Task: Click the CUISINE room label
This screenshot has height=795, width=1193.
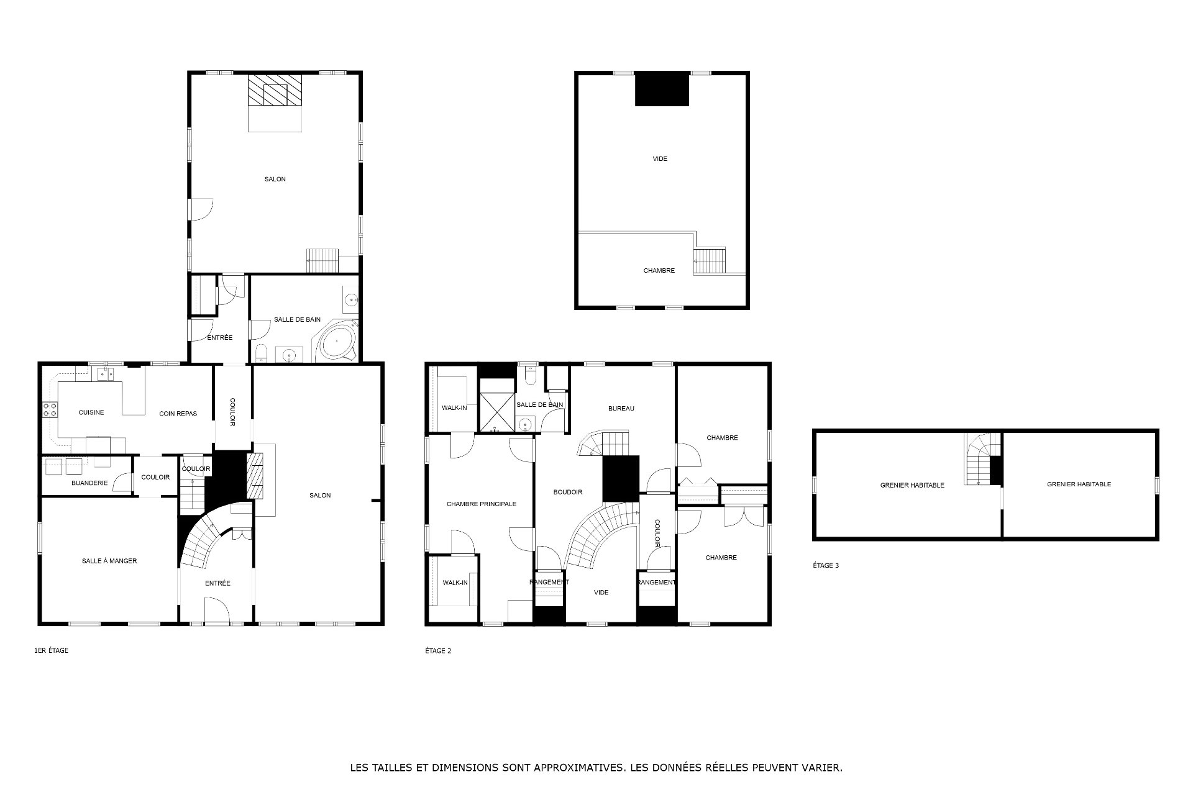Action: click(91, 412)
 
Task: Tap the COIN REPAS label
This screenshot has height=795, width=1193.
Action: click(178, 414)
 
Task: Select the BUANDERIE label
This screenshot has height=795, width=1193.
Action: click(89, 483)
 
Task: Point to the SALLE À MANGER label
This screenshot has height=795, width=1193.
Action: click(109, 561)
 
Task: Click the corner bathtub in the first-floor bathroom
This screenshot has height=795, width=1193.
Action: click(337, 340)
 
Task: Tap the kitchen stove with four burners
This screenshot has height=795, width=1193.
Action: click(50, 409)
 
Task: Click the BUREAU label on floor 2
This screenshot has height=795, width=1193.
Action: click(621, 408)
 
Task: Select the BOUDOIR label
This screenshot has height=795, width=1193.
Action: click(568, 492)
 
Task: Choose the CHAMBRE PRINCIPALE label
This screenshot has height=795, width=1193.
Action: click(482, 504)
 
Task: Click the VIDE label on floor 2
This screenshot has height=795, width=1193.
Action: click(601, 593)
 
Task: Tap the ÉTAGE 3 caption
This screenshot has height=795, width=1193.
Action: click(826, 565)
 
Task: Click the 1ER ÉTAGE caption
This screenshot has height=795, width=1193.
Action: click(51, 650)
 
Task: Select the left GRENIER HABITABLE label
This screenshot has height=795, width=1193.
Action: click(912, 485)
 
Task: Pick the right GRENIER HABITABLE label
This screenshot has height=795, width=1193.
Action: click(1079, 484)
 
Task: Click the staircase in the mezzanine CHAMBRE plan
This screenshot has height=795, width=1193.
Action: click(710, 260)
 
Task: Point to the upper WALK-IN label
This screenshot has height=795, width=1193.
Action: click(454, 407)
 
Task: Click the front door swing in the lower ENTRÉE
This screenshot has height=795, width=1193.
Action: click(217, 610)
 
